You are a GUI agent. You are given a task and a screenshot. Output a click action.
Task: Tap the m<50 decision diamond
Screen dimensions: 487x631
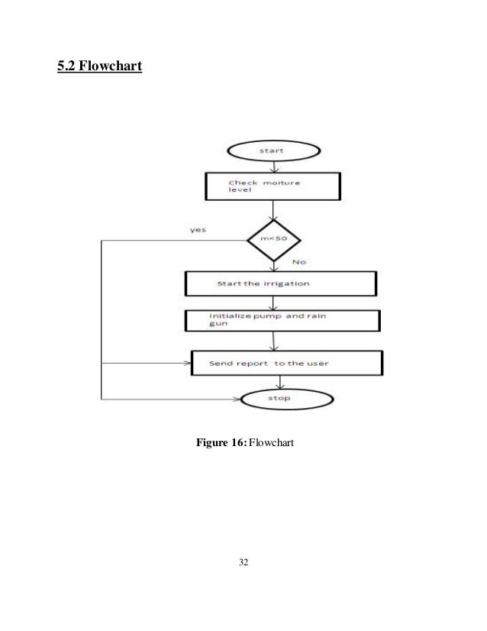click(x=273, y=241)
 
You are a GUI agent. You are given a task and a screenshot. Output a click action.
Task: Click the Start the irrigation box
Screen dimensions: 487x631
click(x=280, y=283)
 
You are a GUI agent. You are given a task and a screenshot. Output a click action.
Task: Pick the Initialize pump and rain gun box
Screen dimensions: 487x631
click(x=282, y=319)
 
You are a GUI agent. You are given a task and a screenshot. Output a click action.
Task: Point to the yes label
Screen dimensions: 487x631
click(x=198, y=229)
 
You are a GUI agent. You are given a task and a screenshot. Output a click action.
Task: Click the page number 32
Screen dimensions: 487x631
click(x=243, y=563)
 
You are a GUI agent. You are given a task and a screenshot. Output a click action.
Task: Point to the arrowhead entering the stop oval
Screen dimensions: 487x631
click(x=237, y=399)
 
